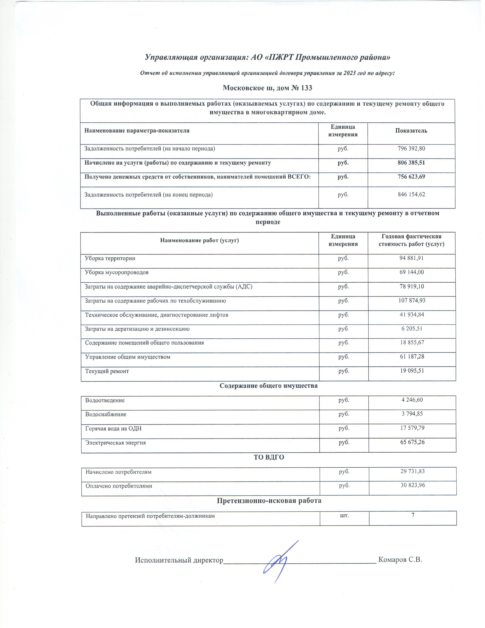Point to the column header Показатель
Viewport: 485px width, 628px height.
[x=411, y=131]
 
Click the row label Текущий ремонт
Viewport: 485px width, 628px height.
[x=107, y=371]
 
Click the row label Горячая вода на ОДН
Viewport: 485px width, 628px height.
[x=114, y=428]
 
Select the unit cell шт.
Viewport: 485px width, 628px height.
[x=344, y=516]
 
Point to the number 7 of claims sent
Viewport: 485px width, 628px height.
[x=413, y=515]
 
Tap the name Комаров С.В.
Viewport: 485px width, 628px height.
[x=400, y=560]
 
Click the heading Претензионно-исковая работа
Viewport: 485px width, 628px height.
[x=269, y=501]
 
